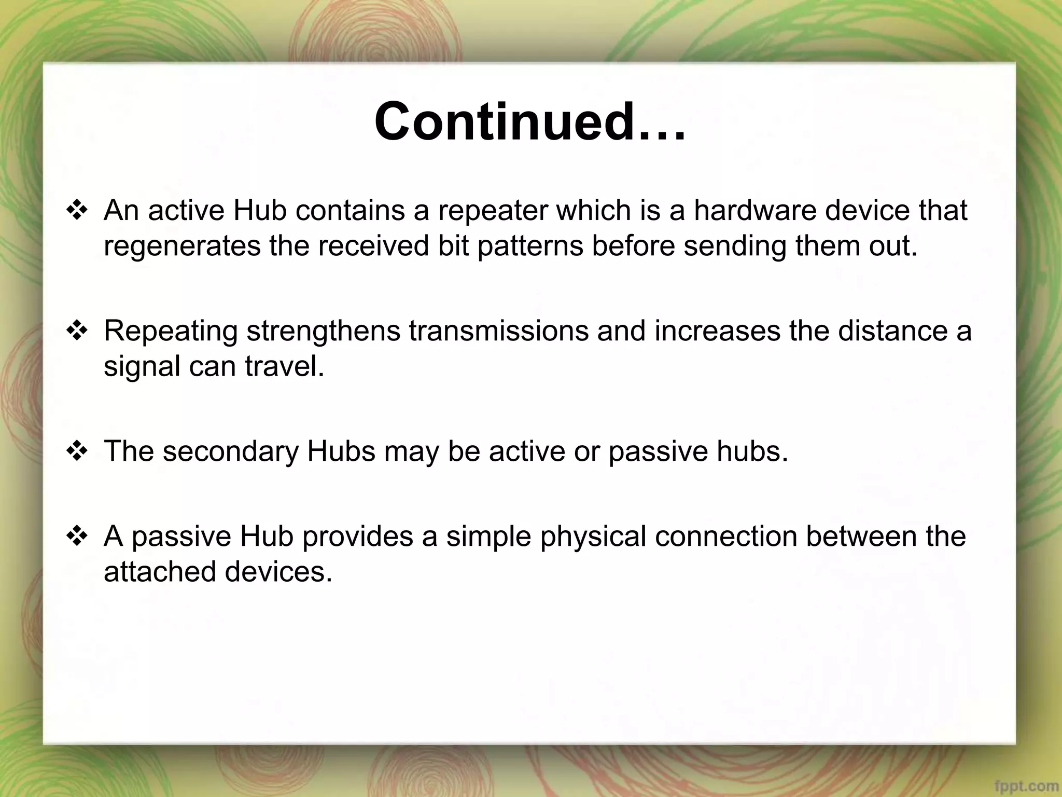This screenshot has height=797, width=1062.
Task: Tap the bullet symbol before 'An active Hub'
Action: [x=77, y=211]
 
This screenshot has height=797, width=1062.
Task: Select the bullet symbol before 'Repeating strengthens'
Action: [x=77, y=332]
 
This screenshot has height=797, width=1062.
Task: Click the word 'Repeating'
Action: [x=171, y=331]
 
